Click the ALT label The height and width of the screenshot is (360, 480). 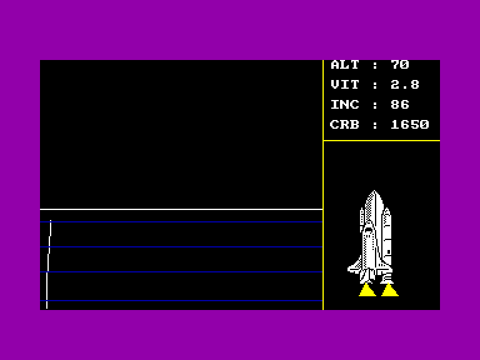pyautogui.click(x=345, y=65)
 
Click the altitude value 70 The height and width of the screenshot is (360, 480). pyautogui.click(x=400, y=65)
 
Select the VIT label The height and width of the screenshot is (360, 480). pyautogui.click(x=345, y=84)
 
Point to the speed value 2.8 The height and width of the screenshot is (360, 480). pyautogui.click(x=405, y=84)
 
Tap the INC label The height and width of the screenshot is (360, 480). pyautogui.click(x=345, y=105)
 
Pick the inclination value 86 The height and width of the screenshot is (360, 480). pyautogui.click(x=400, y=105)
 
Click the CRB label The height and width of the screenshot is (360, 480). pyautogui.click(x=345, y=124)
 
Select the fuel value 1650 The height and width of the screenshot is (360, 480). pyautogui.click(x=410, y=124)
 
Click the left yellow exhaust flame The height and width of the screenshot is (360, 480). pyautogui.click(x=367, y=290)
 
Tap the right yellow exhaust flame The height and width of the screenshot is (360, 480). pyautogui.click(x=389, y=290)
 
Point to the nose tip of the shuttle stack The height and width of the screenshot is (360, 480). pyautogui.click(x=374, y=191)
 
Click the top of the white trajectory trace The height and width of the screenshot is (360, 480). pyautogui.click(x=51, y=221)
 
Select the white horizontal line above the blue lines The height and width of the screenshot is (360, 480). pyautogui.click(x=181, y=209)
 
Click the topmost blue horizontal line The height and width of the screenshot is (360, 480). pyautogui.click(x=181, y=222)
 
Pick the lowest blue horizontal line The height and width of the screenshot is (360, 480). pyautogui.click(x=181, y=301)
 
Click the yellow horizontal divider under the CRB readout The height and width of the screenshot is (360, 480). pyautogui.click(x=382, y=141)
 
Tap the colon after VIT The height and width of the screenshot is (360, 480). pyautogui.click(x=375, y=85)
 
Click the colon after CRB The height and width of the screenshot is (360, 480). pyautogui.click(x=375, y=125)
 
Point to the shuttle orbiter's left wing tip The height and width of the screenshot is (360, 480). pyautogui.click(x=348, y=269)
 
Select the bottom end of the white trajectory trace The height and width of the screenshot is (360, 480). pyautogui.click(x=47, y=308)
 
